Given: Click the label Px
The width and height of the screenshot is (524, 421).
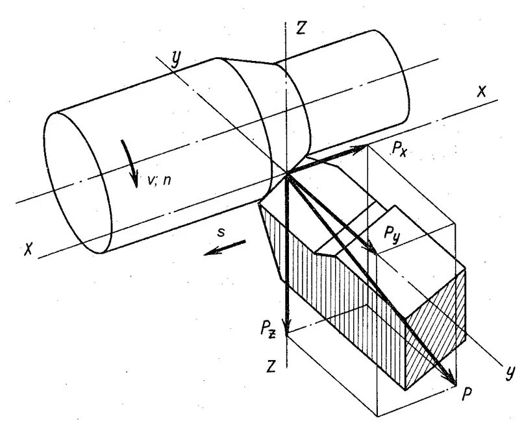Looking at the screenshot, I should point(399,150).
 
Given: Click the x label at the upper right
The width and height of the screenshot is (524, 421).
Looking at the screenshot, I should point(480,92).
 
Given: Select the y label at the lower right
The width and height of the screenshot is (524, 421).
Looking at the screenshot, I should point(510,371).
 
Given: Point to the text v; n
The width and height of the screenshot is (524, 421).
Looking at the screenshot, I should point(158,180).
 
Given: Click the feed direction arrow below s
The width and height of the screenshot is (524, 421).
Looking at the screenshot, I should point(225,248).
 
